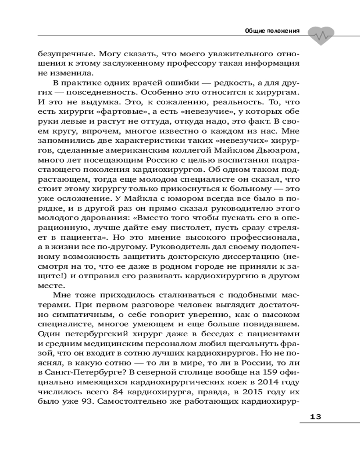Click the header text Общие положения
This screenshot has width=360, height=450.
(x=272, y=31)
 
